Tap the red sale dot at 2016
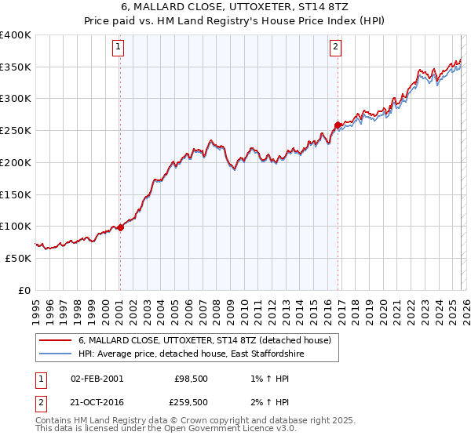tap(338, 125)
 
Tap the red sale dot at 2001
tap(120, 227)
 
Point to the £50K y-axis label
tap(17, 258)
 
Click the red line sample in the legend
tap(55, 341)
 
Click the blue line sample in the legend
tap(55, 354)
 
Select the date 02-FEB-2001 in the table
tap(97, 378)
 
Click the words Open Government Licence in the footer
tap(203, 430)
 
